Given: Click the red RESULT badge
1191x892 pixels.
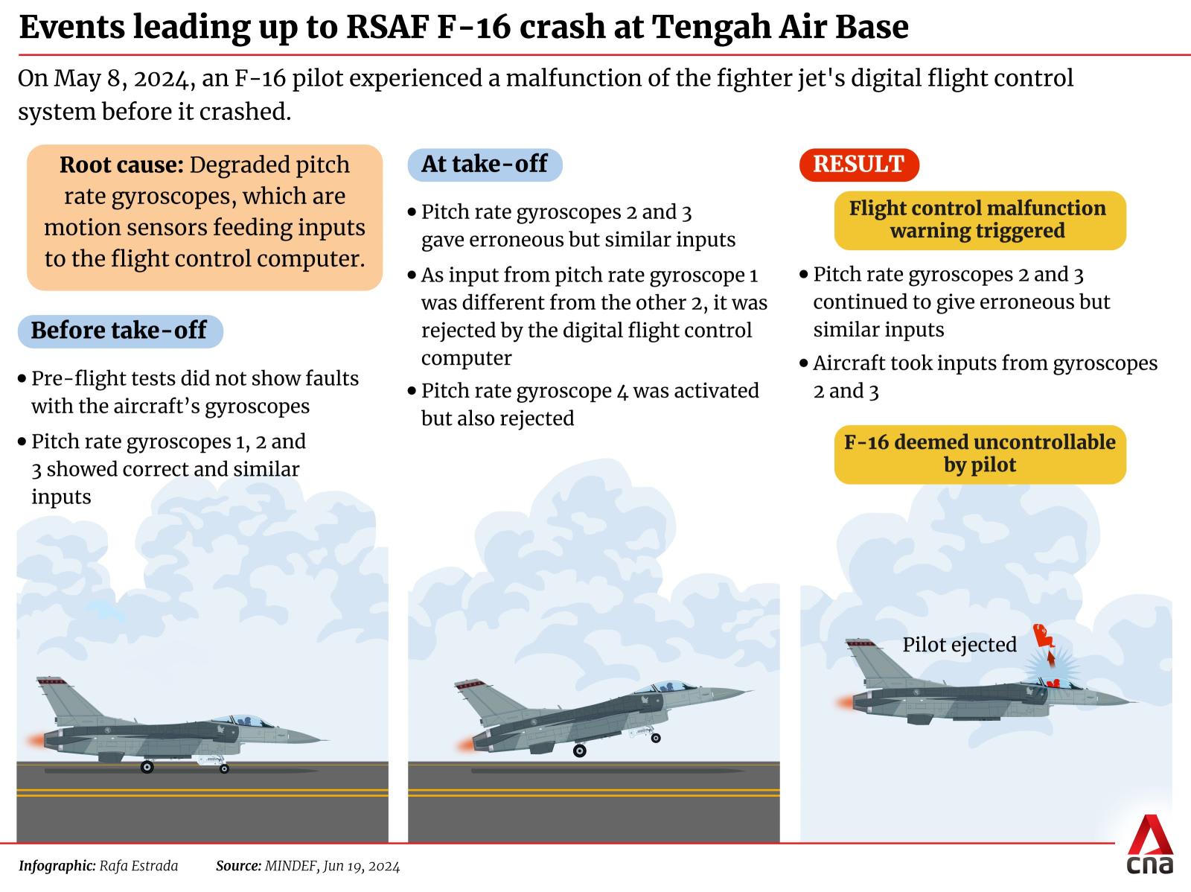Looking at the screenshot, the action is point(859,165).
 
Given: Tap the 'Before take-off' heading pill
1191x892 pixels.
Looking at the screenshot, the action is point(120,331).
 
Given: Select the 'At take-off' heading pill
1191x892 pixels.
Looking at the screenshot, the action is point(485,165).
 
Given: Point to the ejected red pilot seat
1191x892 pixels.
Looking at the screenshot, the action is point(1044,635).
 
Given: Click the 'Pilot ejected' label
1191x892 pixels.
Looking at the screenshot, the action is point(959,645).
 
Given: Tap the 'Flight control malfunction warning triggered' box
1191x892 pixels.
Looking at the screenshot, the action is point(980,220).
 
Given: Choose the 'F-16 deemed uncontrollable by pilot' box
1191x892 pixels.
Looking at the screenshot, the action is point(980,454).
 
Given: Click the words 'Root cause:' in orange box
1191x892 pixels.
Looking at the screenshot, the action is point(121,165).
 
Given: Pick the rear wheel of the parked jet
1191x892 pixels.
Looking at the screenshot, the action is point(147,767).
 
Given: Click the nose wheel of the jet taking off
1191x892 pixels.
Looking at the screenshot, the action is point(656,738).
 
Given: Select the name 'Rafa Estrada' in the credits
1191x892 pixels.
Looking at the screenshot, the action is point(138,866).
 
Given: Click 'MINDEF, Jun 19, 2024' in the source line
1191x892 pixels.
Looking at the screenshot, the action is point(332,866).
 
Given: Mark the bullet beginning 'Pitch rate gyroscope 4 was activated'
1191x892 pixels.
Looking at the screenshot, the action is point(584,404).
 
